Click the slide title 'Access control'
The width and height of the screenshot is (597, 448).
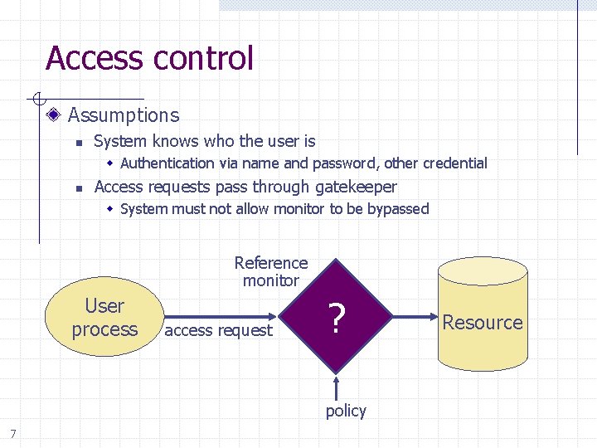(149, 59)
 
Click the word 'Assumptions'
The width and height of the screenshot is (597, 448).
(123, 115)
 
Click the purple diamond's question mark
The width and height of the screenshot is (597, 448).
(336, 318)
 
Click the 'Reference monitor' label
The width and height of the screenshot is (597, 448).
(270, 271)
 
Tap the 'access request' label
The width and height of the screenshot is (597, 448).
(219, 330)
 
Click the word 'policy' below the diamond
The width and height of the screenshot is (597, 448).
(346, 411)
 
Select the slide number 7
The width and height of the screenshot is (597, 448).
(12, 432)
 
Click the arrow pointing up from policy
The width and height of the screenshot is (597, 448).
(337, 387)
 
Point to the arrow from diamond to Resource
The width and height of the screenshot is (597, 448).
(415, 316)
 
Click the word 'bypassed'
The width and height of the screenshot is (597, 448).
(398, 209)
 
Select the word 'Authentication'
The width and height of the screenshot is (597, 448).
(167, 163)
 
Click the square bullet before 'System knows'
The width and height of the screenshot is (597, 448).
(78, 143)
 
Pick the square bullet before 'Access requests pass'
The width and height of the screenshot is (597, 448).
(78, 188)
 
